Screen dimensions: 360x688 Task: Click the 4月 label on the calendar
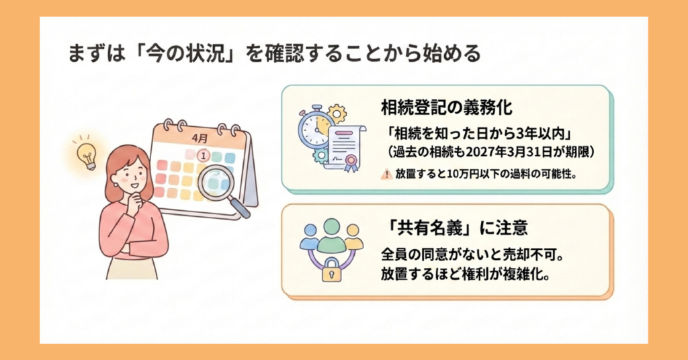200,138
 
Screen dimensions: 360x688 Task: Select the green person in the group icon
331,234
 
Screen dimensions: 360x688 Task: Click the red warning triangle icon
385,173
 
